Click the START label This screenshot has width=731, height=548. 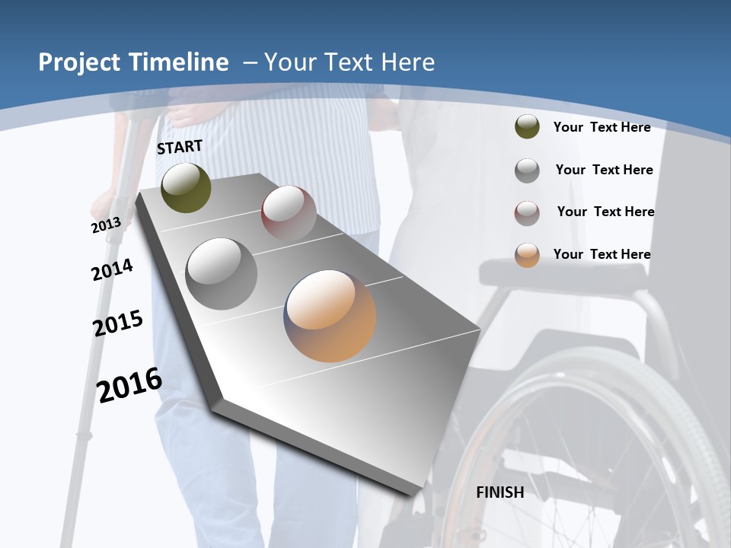(180, 147)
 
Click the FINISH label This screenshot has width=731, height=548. (500, 492)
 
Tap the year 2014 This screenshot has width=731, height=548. (112, 269)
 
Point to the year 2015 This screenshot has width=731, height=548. (118, 323)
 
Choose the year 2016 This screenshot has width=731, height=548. (129, 385)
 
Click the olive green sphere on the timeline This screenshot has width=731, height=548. (186, 187)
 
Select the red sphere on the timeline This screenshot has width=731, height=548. (289, 212)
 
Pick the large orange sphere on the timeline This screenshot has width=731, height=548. (330, 315)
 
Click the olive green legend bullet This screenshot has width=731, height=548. (527, 126)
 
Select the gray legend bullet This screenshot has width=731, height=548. (527, 170)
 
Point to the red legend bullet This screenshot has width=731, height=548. (527, 213)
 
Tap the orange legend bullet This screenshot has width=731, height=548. (527, 255)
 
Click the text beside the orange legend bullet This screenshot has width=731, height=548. (602, 254)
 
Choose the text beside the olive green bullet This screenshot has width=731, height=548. (602, 127)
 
